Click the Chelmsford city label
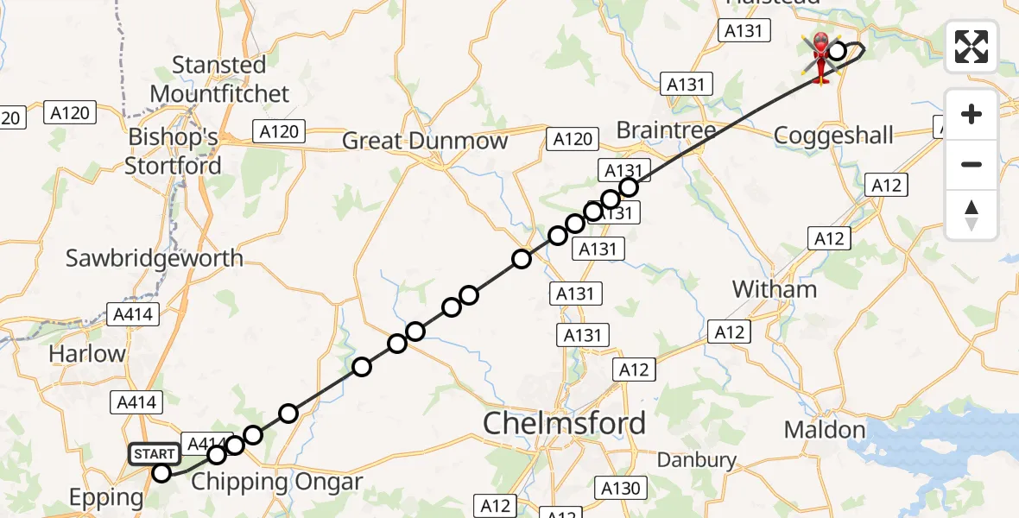click(x=564, y=423)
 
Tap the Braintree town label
click(x=667, y=130)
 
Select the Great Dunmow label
click(x=425, y=141)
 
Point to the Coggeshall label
click(x=833, y=136)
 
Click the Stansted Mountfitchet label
click(x=218, y=79)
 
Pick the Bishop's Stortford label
click(x=173, y=151)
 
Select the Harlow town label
click(x=86, y=353)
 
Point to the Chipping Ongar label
click(x=276, y=481)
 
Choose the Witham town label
click(x=774, y=289)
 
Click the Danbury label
click(x=697, y=460)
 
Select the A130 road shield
click(x=621, y=489)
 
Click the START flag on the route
click(x=155, y=454)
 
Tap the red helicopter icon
click(x=819, y=56)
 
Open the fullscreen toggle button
click(x=972, y=46)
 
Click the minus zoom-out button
click(x=972, y=164)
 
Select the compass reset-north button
click(x=972, y=215)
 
